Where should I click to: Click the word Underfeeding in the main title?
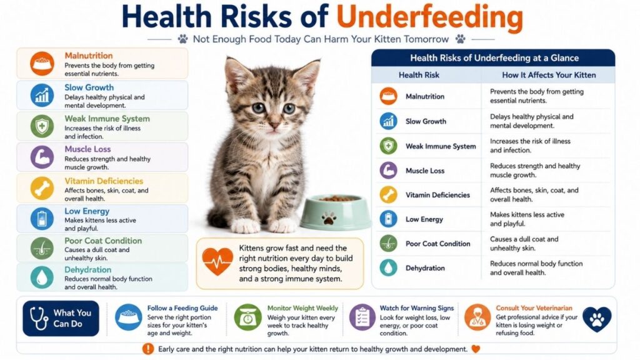430,17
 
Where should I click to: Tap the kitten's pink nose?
274,125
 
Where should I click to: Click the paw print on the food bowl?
329,218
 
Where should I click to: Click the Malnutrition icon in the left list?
42,64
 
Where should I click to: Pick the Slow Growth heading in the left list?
89,87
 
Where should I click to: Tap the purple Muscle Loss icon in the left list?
42,157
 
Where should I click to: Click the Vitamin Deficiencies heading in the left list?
104,181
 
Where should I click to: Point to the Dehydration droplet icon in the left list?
42,277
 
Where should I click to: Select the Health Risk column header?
419,75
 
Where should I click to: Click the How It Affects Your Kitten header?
549,75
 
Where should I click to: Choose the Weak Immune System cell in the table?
441,146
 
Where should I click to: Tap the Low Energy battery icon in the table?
388,219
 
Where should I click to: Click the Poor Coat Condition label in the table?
437,244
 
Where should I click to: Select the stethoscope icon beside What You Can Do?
39,318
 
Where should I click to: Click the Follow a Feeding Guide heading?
182,308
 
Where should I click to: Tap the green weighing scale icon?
247,317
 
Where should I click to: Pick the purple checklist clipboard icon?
362,317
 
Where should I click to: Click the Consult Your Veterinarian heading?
534,308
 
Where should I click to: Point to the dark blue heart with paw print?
597,319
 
